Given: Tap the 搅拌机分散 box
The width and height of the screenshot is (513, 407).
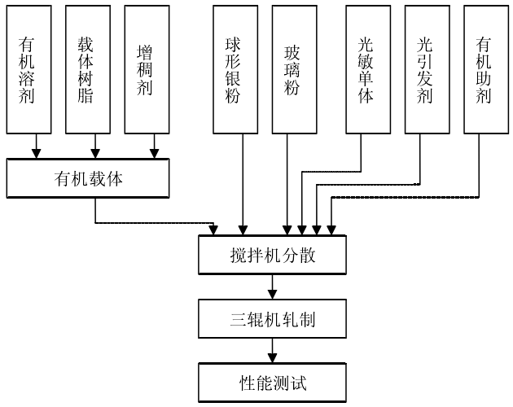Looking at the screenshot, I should pos(273,255).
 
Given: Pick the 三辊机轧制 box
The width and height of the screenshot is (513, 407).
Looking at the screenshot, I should pos(273,318).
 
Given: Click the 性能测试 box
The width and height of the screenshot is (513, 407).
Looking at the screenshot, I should pos(273,381).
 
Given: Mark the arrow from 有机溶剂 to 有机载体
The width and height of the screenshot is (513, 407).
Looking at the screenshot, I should pos(36,146).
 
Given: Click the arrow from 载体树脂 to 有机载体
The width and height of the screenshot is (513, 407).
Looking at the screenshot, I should pos(95,146).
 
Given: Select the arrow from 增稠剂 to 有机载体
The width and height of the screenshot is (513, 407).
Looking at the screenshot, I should pos(155,146).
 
